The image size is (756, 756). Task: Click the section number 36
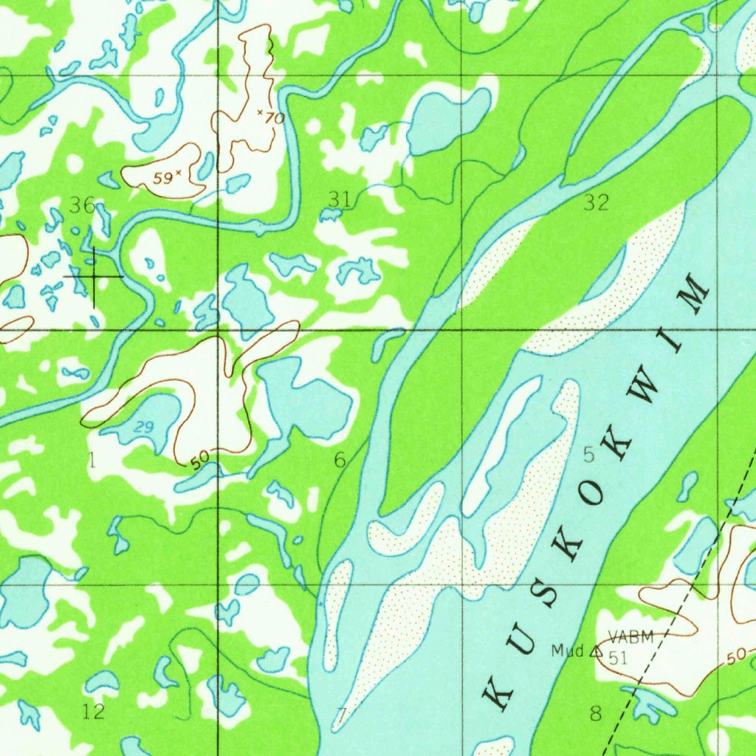(81, 205)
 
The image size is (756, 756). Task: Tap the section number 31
(339, 198)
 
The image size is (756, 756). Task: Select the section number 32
(596, 202)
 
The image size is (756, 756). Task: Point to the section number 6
(339, 461)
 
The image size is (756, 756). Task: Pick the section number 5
(588, 455)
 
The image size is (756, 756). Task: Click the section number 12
(94, 712)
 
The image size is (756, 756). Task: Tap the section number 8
(596, 713)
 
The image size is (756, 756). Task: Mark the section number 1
(92, 461)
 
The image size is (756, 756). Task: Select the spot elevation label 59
(163, 178)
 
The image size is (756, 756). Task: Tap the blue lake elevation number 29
(144, 426)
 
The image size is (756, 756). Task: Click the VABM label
(631, 637)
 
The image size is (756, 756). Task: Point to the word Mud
(567, 650)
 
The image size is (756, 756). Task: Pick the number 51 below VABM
(618, 659)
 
